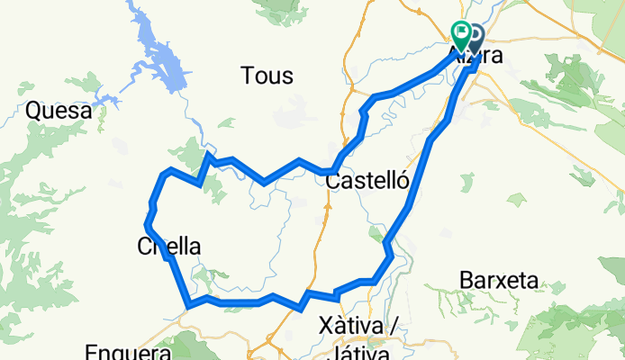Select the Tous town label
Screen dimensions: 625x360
click(x=267, y=76)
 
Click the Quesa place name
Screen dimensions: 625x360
click(x=59, y=111)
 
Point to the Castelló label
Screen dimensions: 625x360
click(x=367, y=182)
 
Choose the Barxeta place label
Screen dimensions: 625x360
click(x=498, y=280)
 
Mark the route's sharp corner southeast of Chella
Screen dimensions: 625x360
click(x=187, y=304)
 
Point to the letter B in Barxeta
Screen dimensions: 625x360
click(x=466, y=280)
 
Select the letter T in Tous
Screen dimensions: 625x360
click(x=248, y=76)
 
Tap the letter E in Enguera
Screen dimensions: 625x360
click(x=93, y=352)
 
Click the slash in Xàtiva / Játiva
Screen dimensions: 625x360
click(x=394, y=324)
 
